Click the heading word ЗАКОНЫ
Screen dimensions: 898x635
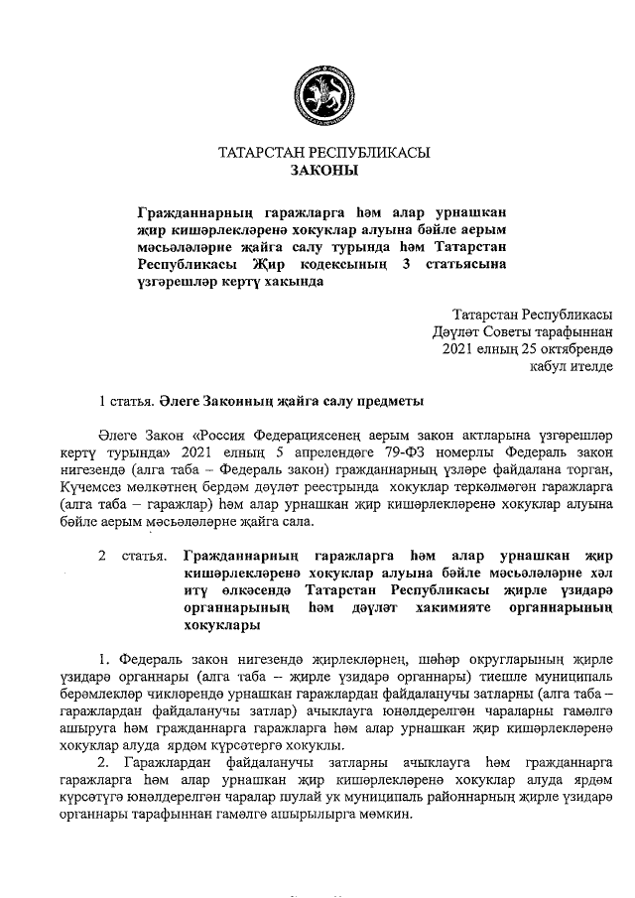[323, 170]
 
